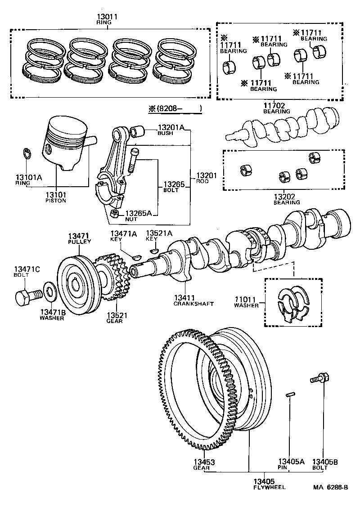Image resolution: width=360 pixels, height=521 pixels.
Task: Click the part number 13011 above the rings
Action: pos(107,17)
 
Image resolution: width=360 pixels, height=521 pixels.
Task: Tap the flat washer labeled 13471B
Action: pos(49,293)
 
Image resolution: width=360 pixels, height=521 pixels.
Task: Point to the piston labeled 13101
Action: pos(65,142)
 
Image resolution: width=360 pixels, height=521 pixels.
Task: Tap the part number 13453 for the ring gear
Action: pos(204,462)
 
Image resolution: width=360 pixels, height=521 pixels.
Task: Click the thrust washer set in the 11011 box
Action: pos(292,304)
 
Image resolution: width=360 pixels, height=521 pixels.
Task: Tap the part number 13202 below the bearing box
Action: pos(286,196)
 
